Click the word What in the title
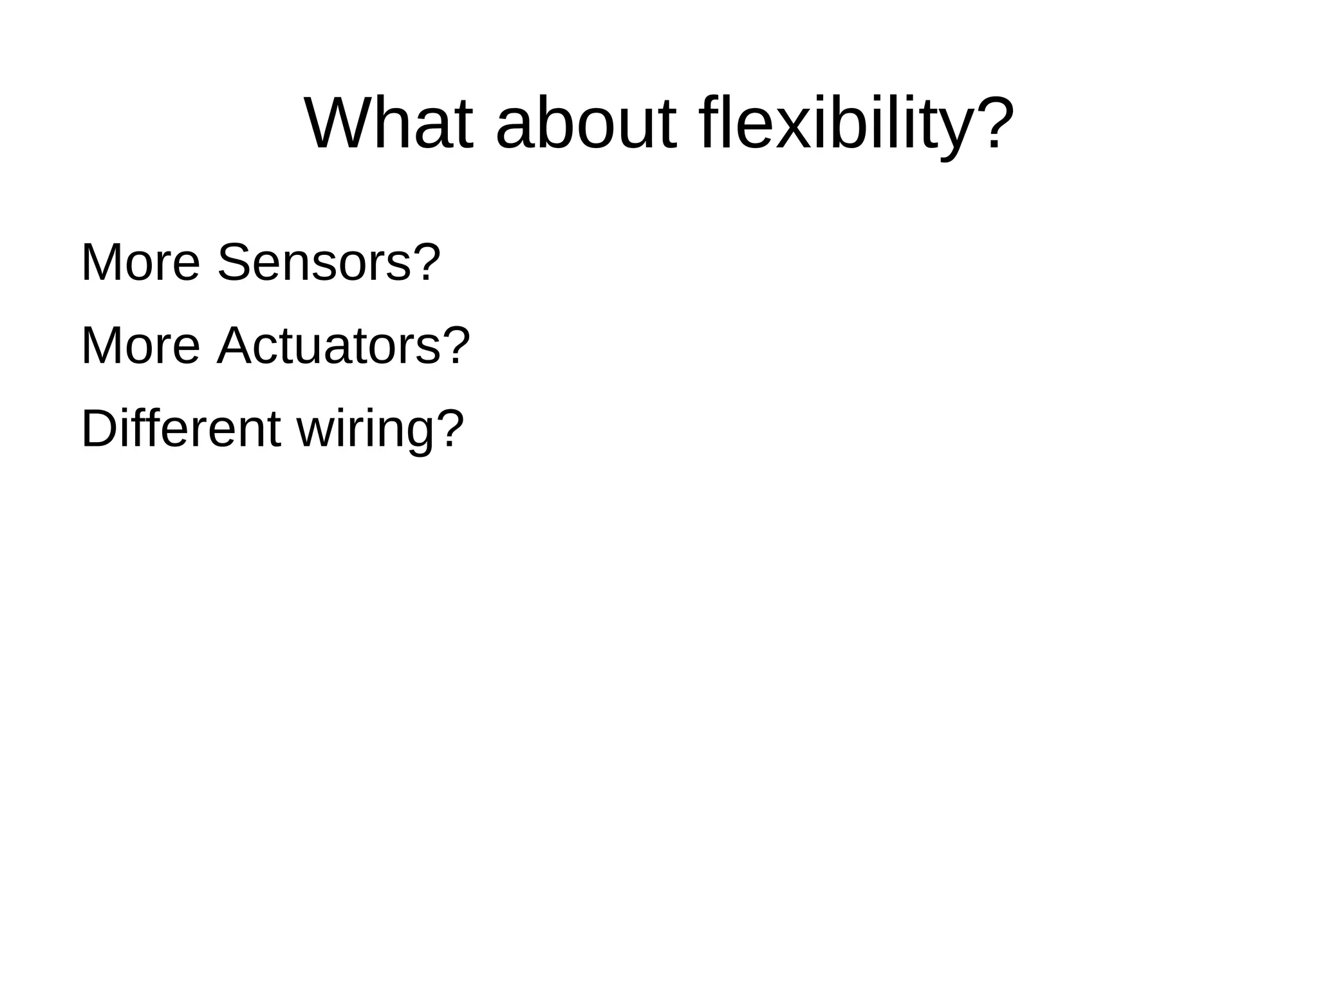(389, 124)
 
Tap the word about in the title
(586, 124)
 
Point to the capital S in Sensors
(234, 262)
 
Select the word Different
(181, 429)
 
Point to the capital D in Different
(97, 429)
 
